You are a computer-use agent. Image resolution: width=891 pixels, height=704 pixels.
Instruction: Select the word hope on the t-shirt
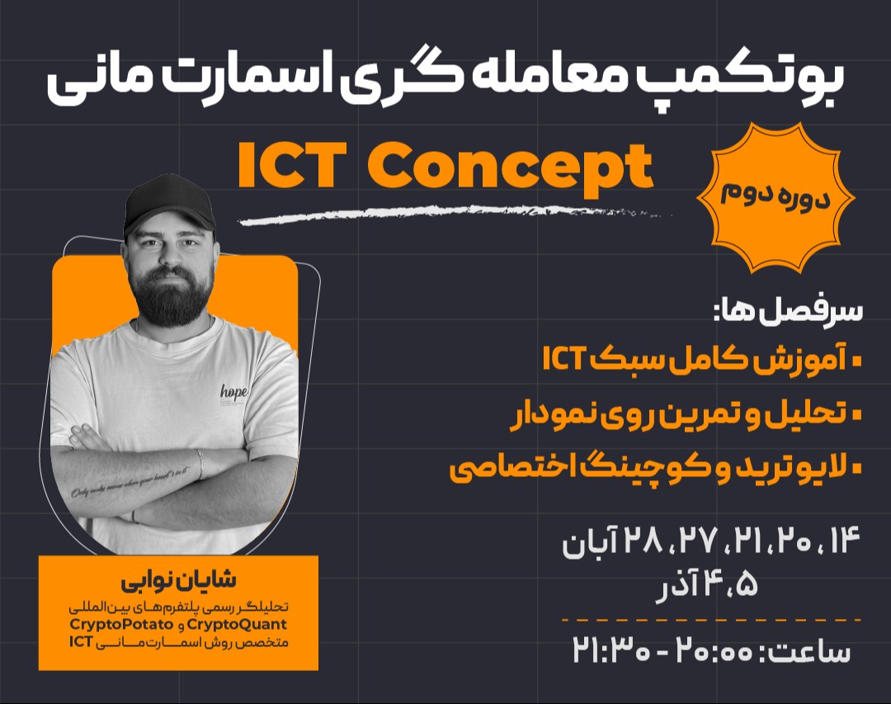click(x=234, y=391)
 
